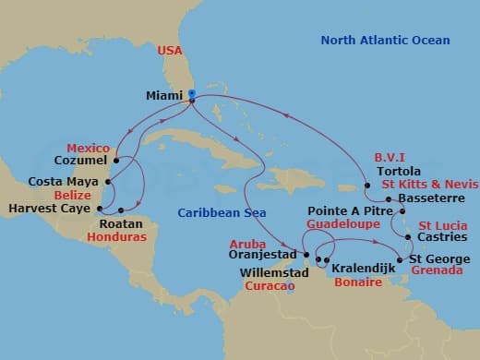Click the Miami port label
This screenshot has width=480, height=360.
click(164, 94)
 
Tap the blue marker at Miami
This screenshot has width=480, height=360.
click(191, 94)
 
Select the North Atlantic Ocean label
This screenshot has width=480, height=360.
click(385, 41)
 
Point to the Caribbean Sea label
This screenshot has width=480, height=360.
click(217, 214)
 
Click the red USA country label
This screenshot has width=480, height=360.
click(169, 50)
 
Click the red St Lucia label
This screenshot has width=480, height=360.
click(441, 225)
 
